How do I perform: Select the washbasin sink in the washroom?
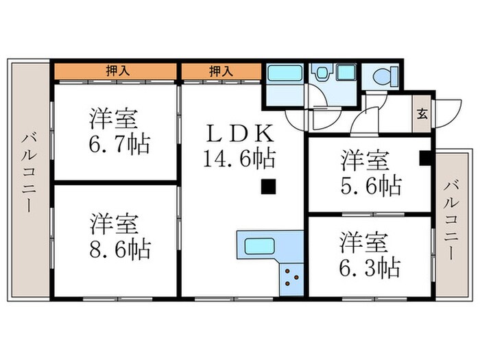pos(321,73)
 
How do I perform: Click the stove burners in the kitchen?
pos(291,277)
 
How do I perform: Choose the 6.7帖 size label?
pos(119,145)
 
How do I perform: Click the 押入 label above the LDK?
pos(219,71)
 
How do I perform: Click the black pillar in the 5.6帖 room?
pos(425,158)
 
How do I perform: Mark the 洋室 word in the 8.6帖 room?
pos(115,224)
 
